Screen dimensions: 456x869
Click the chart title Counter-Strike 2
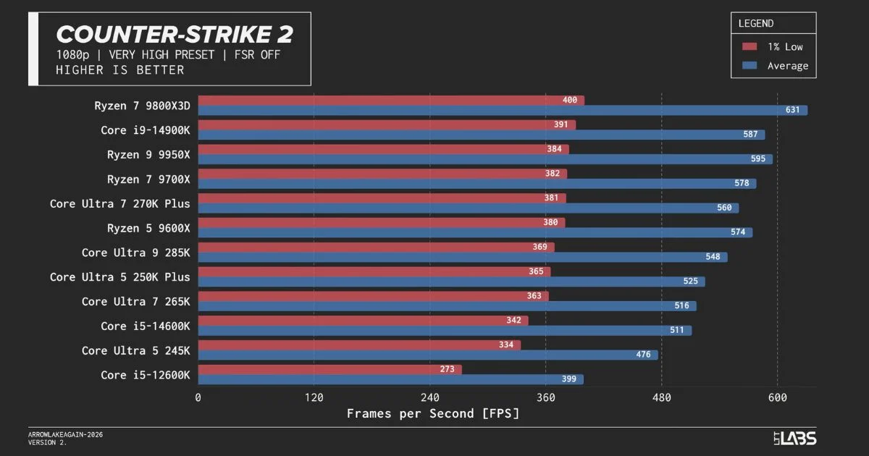(174, 34)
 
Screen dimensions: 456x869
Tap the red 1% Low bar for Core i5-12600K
(329, 369)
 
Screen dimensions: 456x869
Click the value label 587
(750, 135)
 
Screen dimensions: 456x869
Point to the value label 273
(447, 369)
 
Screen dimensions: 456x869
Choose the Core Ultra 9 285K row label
(135, 253)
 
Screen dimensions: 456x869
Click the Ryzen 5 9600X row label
(148, 228)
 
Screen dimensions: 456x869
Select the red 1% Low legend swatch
(750, 47)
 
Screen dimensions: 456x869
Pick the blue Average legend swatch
(750, 66)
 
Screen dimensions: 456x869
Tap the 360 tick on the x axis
(545, 397)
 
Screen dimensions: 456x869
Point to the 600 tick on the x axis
(777, 397)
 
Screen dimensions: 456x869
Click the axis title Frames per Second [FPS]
(433, 414)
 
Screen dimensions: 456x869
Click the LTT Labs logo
(794, 438)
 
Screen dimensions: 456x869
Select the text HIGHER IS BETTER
(119, 70)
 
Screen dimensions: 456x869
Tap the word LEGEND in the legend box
(756, 23)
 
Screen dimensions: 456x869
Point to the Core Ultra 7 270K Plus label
(119, 203)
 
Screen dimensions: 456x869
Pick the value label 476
(643, 355)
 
